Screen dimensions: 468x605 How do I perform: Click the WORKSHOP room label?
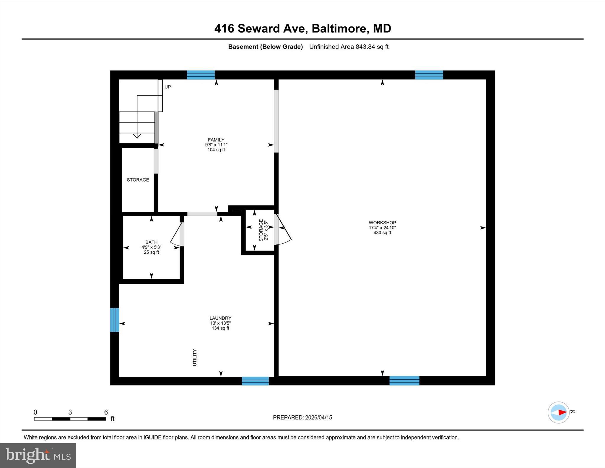click(382, 223)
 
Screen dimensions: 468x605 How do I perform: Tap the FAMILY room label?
click(216, 140)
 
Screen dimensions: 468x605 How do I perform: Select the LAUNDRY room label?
click(220, 318)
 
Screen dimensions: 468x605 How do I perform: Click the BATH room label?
click(151, 242)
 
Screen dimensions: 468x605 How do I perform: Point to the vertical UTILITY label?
click(195, 357)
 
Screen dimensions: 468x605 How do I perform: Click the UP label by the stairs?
click(167, 87)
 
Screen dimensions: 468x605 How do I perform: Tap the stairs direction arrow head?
click(137, 136)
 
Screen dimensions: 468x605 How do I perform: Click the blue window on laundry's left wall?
click(115, 320)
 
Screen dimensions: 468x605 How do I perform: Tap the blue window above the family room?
click(201, 75)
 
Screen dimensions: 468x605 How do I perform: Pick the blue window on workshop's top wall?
click(429, 75)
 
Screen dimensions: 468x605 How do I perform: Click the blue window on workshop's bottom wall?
click(404, 380)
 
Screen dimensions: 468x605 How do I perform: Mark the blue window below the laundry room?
click(255, 381)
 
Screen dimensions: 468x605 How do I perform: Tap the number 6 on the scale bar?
click(106, 412)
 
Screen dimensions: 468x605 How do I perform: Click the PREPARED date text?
click(302, 417)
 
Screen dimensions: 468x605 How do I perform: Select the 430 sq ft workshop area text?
click(382, 233)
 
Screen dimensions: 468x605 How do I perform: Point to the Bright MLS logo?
click(38, 455)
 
